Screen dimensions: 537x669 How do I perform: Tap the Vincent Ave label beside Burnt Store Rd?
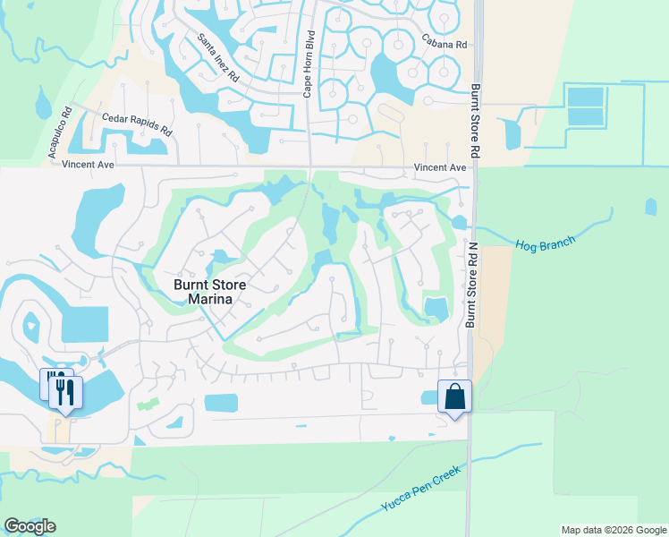[440, 167]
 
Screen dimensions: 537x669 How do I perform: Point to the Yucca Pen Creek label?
[420, 488]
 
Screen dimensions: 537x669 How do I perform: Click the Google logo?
[30, 525]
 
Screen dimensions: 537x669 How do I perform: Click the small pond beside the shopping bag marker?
[430, 397]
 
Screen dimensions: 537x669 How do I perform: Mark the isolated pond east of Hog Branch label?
[650, 208]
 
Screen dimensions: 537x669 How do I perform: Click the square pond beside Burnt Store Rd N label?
[436, 308]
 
